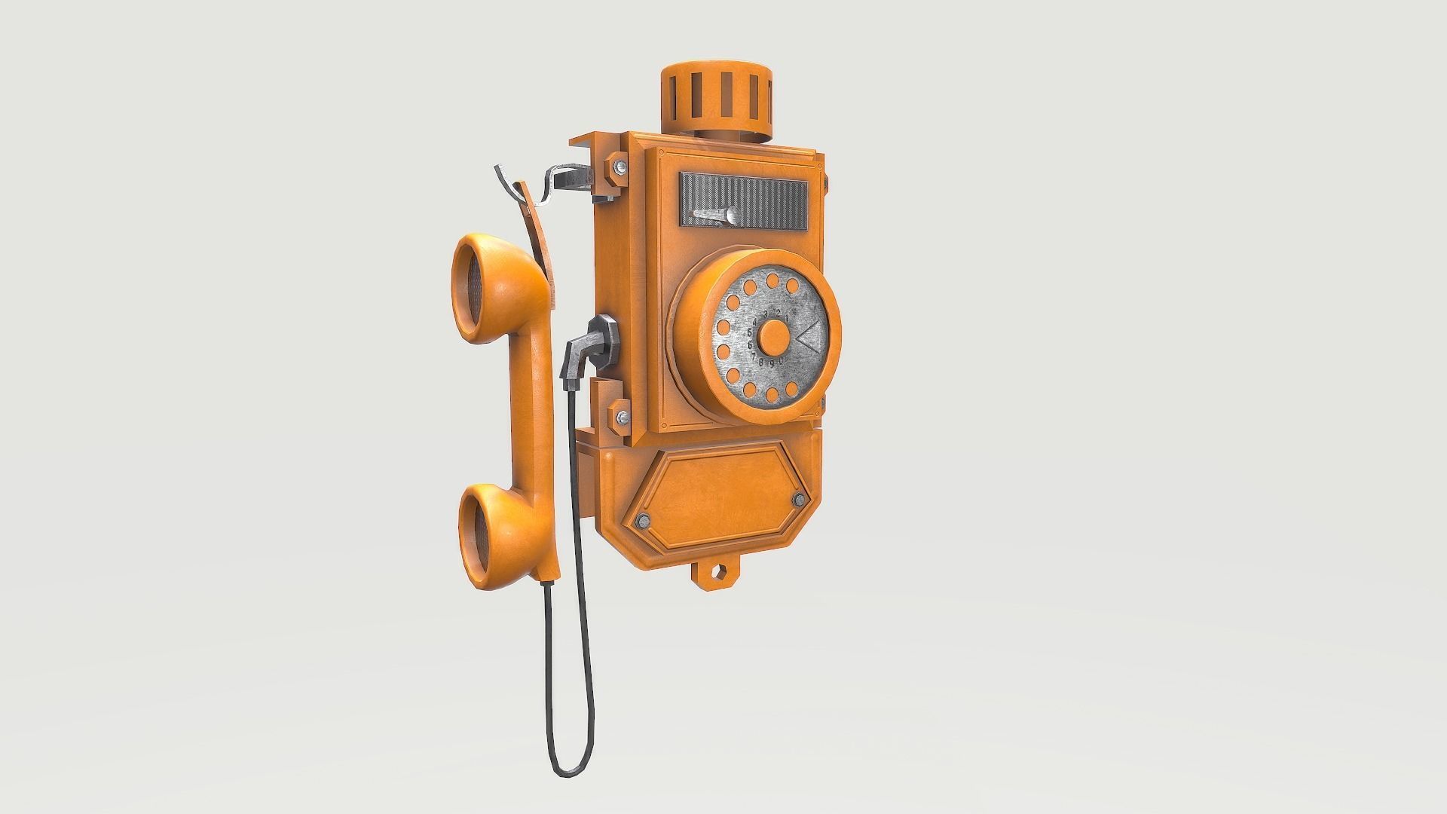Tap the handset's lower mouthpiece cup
(x=483, y=528)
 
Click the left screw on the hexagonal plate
(x=644, y=520)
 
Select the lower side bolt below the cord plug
(x=623, y=417)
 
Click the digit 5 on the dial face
(x=750, y=332)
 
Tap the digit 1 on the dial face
(x=785, y=319)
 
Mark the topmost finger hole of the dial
(x=772, y=281)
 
